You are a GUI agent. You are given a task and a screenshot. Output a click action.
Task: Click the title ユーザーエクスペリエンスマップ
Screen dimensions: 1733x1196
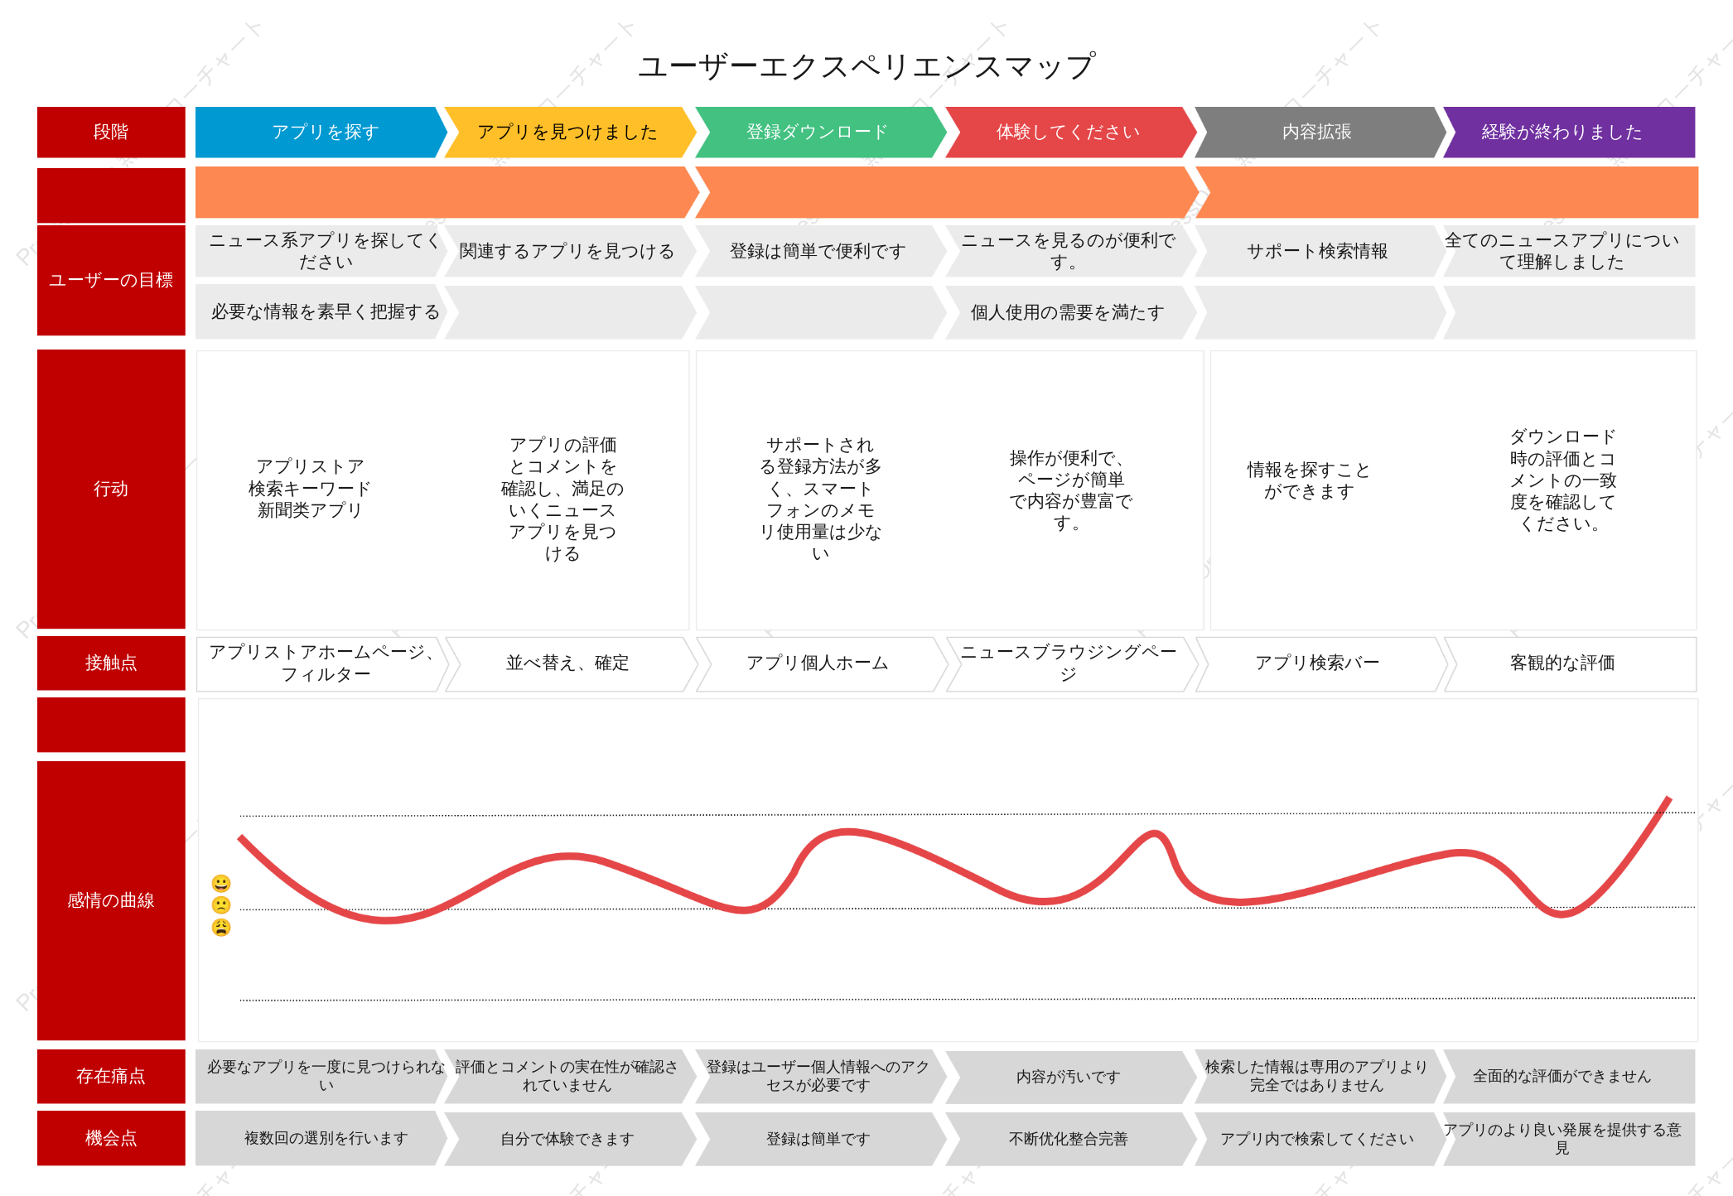(x=866, y=66)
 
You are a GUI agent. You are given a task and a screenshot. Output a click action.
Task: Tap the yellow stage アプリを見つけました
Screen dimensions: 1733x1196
(x=570, y=132)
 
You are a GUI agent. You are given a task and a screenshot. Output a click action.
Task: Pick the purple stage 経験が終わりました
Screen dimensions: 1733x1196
(x=1569, y=132)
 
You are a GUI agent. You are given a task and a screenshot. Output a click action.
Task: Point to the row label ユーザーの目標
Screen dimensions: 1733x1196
(x=111, y=280)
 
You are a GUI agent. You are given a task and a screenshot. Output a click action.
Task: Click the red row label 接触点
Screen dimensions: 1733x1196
(x=111, y=663)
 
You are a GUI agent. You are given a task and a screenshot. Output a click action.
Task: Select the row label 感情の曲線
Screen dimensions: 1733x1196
(x=111, y=900)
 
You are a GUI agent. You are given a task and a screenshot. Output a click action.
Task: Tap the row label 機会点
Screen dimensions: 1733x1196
(x=111, y=1138)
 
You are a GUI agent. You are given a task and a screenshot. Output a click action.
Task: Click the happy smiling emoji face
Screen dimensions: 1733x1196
(x=221, y=883)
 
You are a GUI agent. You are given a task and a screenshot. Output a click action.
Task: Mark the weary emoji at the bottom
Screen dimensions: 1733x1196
(x=221, y=927)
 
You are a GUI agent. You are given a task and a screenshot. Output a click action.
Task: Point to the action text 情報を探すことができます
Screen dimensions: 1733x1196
(x=1309, y=480)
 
